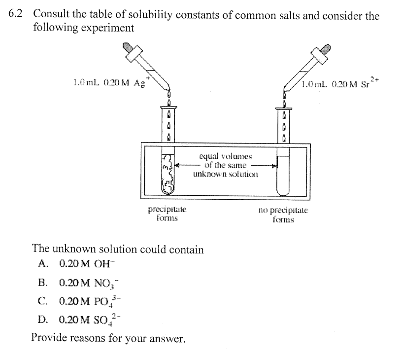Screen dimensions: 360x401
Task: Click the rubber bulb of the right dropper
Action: click(326, 48)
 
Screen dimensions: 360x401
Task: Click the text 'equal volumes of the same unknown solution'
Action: click(225, 165)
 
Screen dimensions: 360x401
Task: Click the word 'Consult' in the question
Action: click(51, 15)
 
